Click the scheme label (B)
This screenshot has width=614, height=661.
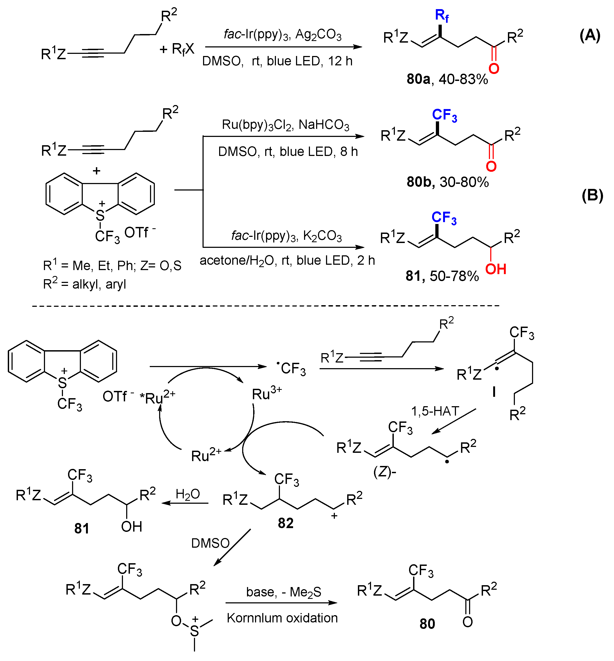(x=592, y=195)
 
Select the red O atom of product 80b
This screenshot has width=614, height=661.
(x=491, y=166)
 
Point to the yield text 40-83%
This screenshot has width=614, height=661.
(x=463, y=79)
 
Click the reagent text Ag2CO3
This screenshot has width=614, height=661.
(x=318, y=35)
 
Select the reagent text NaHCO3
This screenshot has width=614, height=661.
(x=324, y=125)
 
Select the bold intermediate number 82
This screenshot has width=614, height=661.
(x=285, y=523)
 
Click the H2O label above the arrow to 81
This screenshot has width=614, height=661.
(x=188, y=494)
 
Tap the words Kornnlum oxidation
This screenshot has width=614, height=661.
(x=282, y=618)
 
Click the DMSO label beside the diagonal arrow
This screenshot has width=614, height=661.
(x=210, y=543)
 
